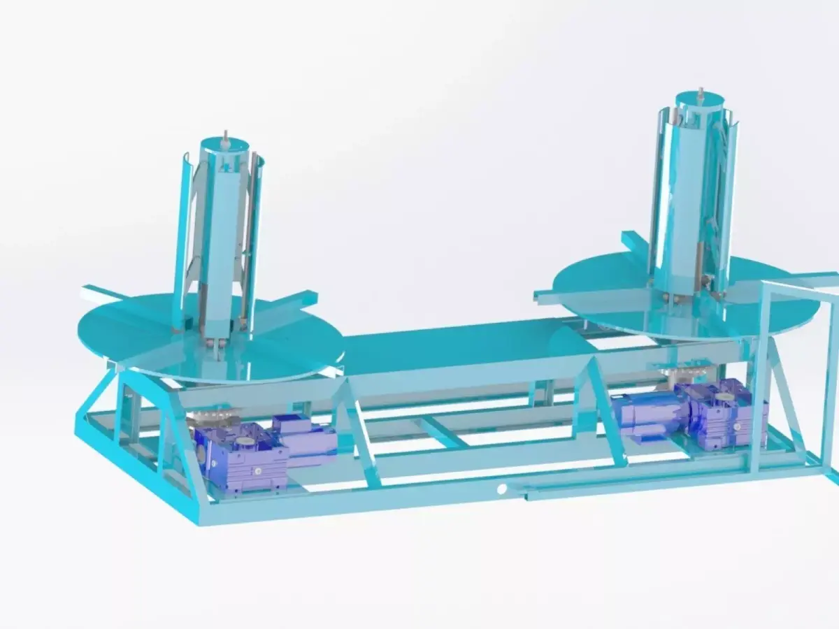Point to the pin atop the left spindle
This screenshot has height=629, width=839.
coord(225,137)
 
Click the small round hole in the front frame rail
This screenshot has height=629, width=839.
coord(501,490)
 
